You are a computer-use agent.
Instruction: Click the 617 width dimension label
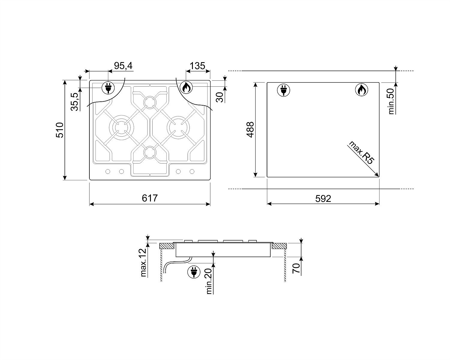point(149,198)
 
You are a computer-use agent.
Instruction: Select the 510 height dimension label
point(60,130)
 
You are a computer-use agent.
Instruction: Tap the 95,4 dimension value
point(123,66)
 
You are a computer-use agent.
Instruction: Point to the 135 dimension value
point(197,66)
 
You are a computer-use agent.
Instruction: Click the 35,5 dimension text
point(74,102)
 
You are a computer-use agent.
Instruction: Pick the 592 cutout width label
point(323,199)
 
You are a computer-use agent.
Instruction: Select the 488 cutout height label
point(250,130)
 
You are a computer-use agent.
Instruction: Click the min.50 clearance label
point(391,101)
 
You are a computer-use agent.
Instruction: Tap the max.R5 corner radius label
point(361,152)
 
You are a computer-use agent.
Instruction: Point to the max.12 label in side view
point(143,262)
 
